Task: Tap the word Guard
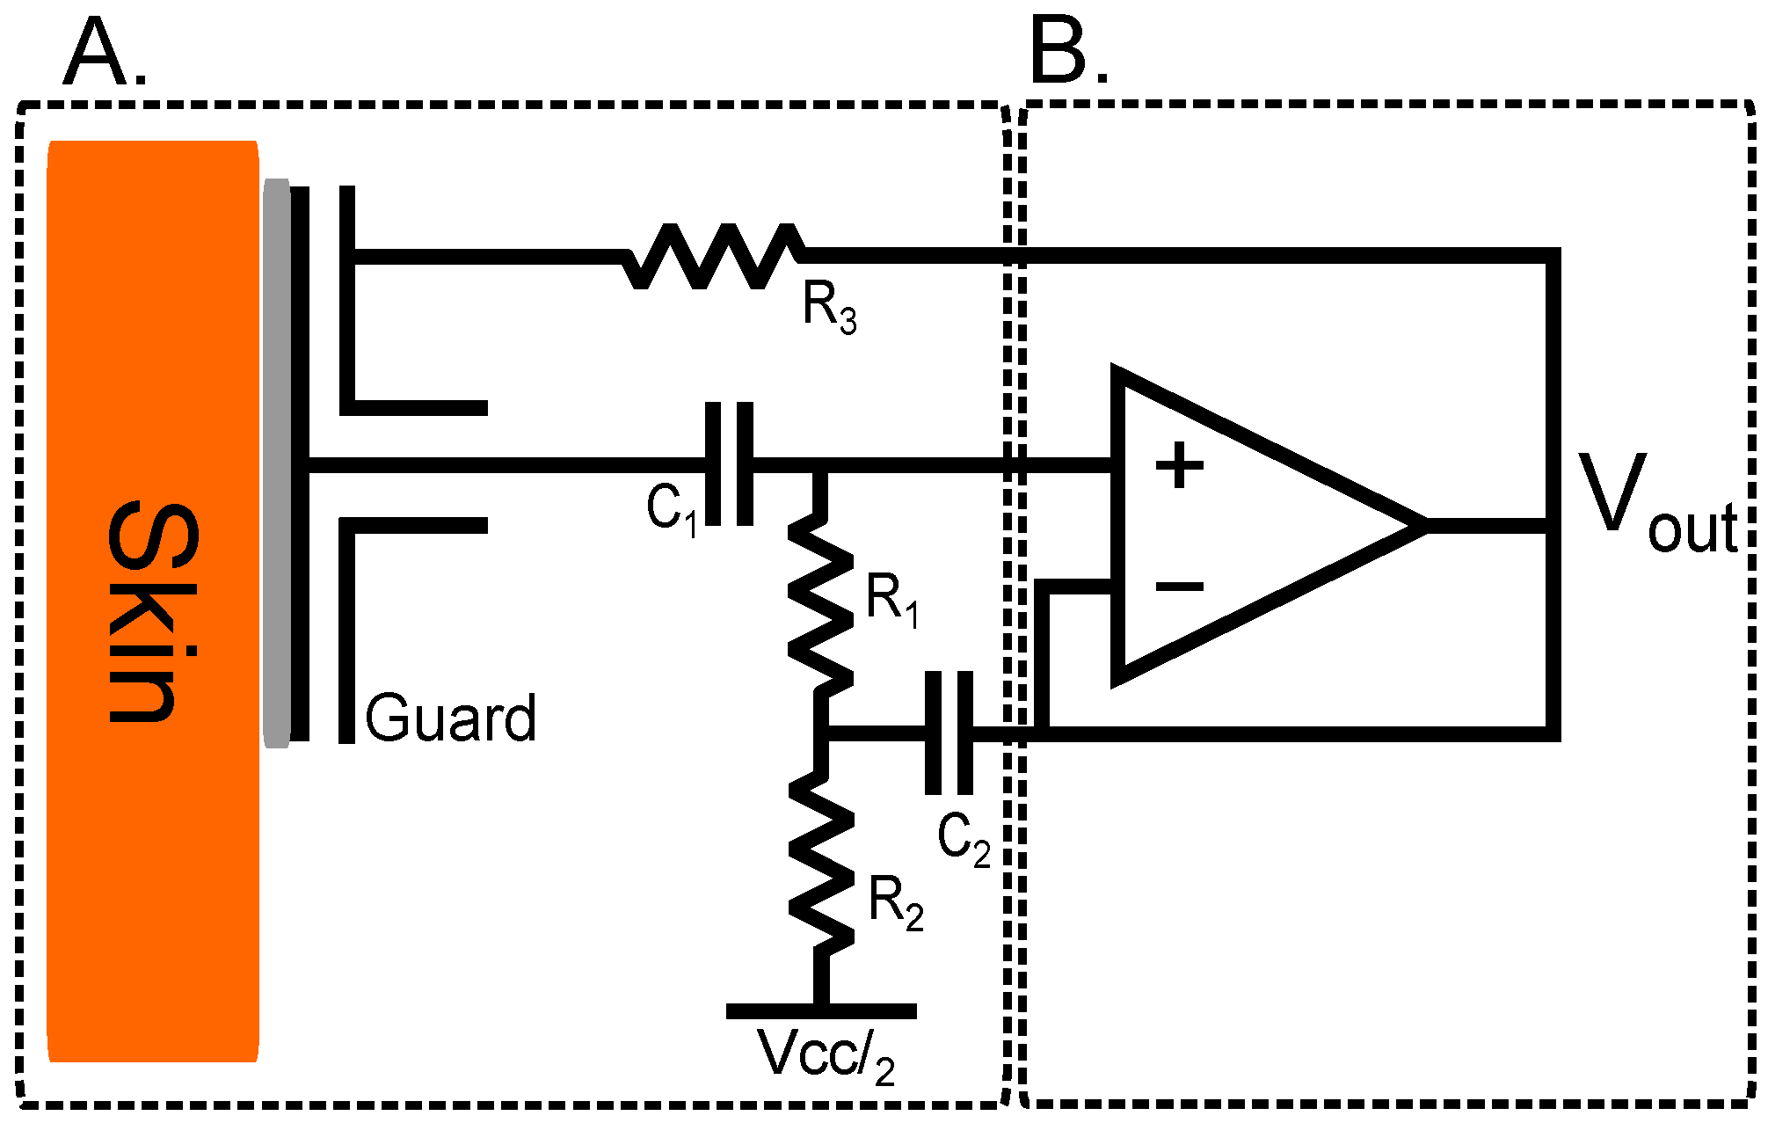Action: (450, 718)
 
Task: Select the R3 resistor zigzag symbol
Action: (713, 256)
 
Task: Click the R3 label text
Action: (829, 309)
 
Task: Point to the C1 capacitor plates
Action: (730, 464)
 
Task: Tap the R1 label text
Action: (892, 601)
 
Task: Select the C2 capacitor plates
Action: (949, 733)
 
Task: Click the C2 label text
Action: (964, 839)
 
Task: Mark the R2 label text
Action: (896, 903)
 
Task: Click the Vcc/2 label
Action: (826, 1055)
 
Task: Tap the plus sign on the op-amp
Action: (1179, 465)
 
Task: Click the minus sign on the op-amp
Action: (1179, 587)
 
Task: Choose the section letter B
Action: (1066, 53)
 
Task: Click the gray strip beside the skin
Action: (277, 463)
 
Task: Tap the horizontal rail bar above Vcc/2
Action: (821, 1011)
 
